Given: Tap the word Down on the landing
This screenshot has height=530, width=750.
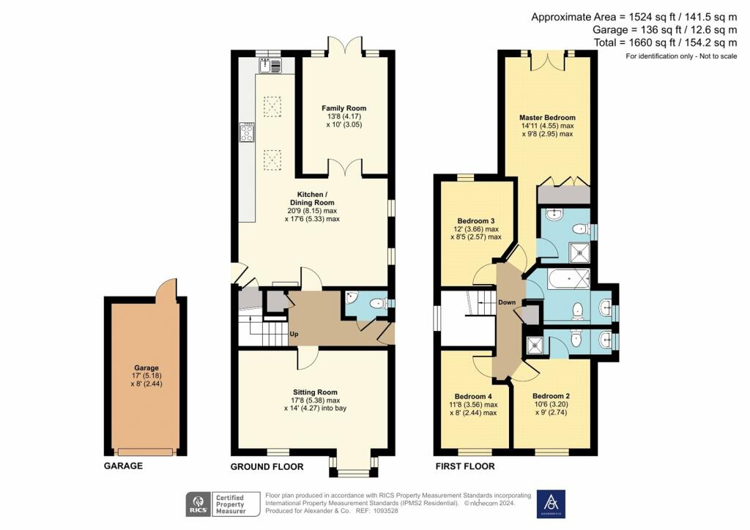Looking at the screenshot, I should click(x=507, y=302).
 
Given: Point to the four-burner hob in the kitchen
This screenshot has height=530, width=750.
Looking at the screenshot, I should click(x=246, y=133).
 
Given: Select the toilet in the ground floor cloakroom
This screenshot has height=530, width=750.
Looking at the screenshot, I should click(x=376, y=303).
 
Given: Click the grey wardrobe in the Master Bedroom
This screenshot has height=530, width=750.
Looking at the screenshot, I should click(x=563, y=195).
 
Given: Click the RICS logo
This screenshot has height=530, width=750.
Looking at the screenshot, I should click(x=197, y=504).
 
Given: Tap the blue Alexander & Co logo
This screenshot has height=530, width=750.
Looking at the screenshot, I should click(x=551, y=503).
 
